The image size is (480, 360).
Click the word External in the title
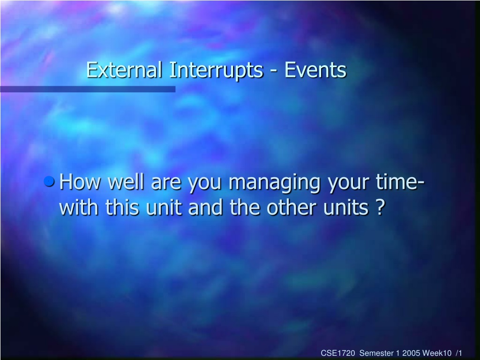[124, 70]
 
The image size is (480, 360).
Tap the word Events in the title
[315, 70]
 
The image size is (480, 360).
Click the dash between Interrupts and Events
[274, 72]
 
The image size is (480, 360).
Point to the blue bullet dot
[49, 181]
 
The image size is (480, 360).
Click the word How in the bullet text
[80, 182]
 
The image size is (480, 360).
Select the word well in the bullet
[126, 182]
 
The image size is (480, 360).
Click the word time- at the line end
[400, 182]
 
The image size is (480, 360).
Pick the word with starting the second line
[79, 207]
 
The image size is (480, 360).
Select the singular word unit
[164, 207]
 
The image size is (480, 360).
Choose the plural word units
[346, 207]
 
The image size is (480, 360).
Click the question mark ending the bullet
[380, 207]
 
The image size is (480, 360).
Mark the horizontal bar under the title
[88, 89]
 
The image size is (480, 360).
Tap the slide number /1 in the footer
[459, 353]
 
